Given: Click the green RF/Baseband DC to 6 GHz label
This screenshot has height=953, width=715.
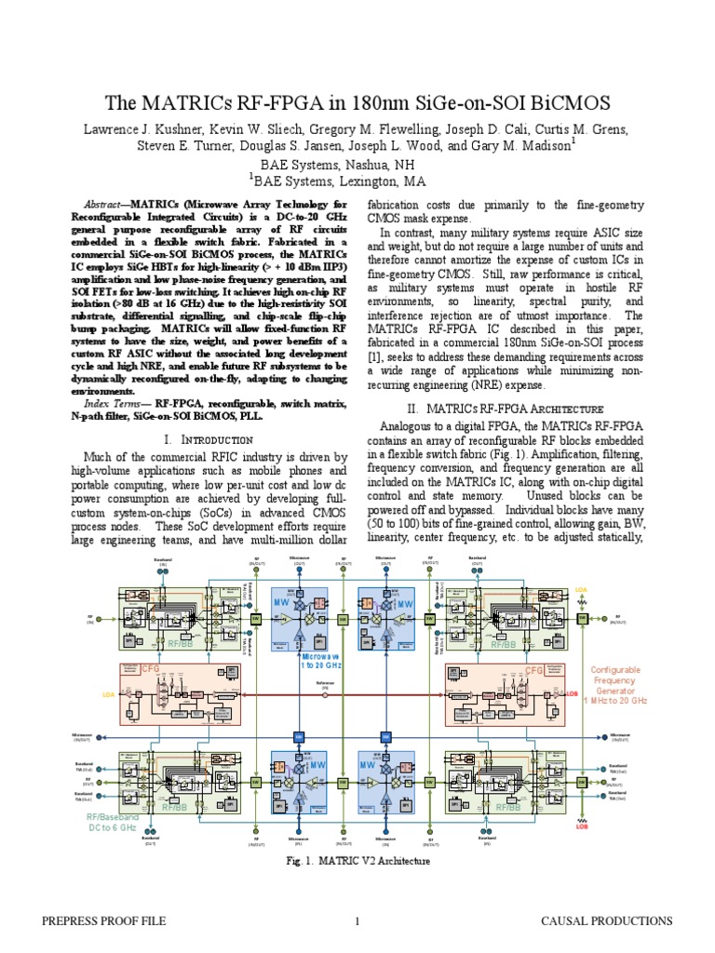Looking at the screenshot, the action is point(111,821).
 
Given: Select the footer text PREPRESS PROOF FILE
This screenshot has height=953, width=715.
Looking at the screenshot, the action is point(103,921).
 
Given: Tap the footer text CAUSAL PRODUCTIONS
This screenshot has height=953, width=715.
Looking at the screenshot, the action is point(607,921).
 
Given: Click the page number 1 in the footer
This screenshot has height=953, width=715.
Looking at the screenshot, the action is point(357,921).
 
